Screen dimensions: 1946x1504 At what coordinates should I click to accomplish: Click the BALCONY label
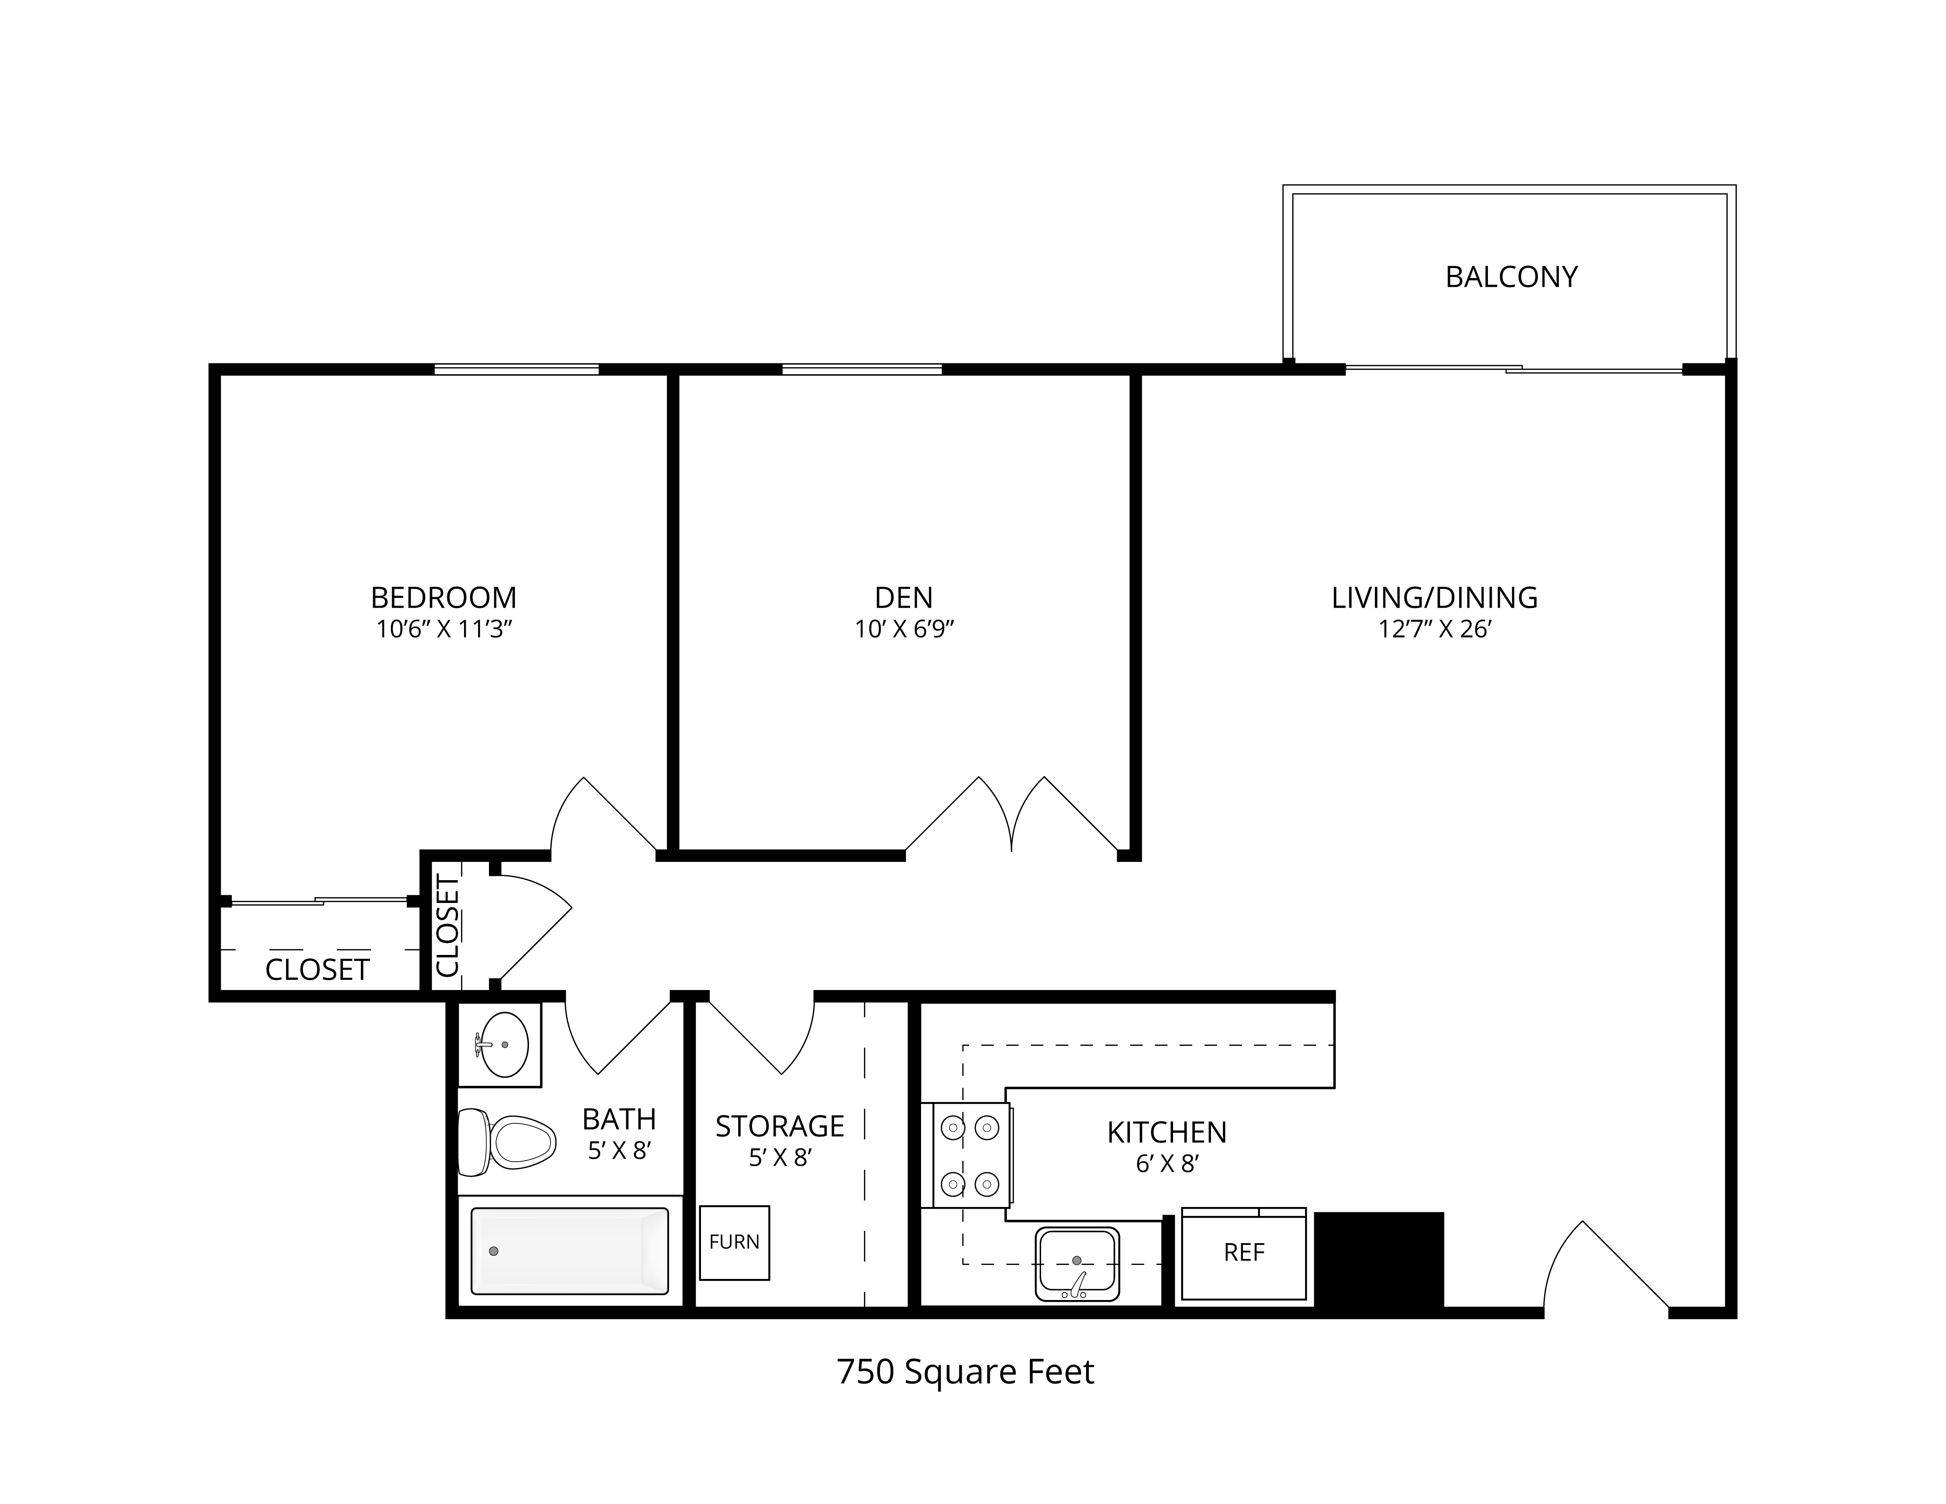[x=1511, y=277]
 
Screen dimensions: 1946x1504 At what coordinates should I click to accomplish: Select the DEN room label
[x=903, y=597]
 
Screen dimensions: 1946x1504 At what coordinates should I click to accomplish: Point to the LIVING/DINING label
[x=1435, y=597]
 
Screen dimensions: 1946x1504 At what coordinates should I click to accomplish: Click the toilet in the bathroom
[x=506, y=1141]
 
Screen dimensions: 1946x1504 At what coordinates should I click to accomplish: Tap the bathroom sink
[x=503, y=1044]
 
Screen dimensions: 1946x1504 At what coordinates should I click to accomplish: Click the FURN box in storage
[x=734, y=1242]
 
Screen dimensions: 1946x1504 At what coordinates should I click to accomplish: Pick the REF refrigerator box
[x=1244, y=1253]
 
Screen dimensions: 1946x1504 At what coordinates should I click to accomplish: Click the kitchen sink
[x=1077, y=1264]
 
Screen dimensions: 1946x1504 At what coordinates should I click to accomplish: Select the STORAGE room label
[x=780, y=1126]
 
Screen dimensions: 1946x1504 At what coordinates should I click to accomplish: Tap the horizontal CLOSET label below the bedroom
[x=317, y=969]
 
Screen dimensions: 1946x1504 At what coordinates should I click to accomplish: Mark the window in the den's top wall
[x=862, y=369]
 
